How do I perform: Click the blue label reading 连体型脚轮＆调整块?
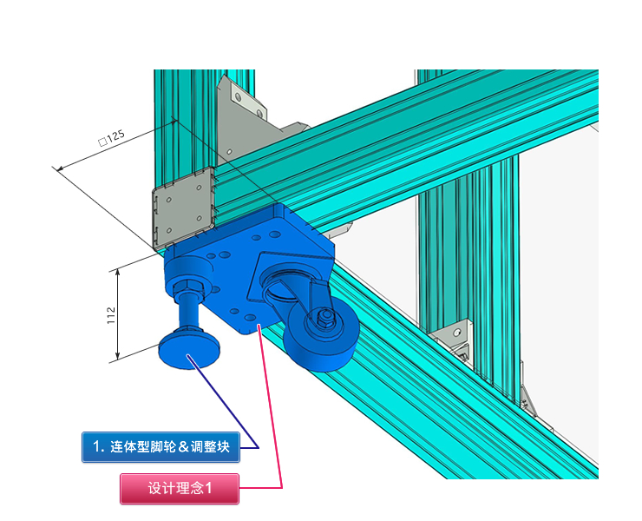point(160,447)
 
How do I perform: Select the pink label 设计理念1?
point(180,488)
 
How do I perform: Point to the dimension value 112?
point(111,315)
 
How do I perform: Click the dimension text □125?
point(111,137)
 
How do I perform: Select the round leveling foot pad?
point(189,350)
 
